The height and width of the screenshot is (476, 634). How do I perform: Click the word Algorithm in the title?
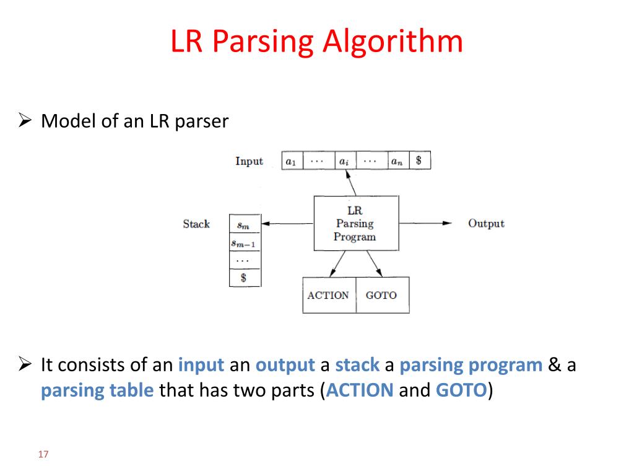tap(392, 43)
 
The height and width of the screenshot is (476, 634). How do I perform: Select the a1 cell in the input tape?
tap(290, 161)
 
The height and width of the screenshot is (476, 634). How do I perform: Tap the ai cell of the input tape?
tap(343, 161)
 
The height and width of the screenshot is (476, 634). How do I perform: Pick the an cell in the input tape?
tap(396, 161)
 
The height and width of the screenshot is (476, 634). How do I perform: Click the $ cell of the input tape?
tap(419, 161)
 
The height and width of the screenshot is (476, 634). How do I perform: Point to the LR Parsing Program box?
tap(355, 224)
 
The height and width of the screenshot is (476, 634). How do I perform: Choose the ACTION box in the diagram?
tap(328, 296)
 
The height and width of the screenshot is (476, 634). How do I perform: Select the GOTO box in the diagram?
tap(381, 296)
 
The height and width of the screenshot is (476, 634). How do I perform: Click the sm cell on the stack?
tap(244, 224)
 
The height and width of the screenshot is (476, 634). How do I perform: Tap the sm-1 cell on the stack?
tap(244, 243)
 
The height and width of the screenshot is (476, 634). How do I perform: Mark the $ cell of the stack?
tap(244, 278)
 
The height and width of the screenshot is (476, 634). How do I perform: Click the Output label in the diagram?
tap(486, 224)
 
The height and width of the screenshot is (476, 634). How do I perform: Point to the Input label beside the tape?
tap(249, 161)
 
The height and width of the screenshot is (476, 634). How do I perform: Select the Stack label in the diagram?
tap(196, 224)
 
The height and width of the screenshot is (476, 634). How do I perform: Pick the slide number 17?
tap(43, 455)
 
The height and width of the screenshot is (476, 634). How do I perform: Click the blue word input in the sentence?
tap(201, 365)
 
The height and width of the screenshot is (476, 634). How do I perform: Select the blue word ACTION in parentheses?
tap(360, 390)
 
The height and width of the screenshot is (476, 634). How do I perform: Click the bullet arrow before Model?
tap(25, 121)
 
